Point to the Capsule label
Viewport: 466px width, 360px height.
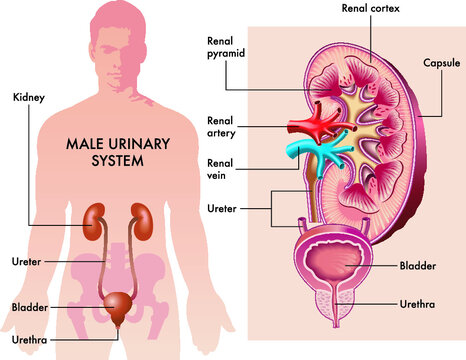[441, 63]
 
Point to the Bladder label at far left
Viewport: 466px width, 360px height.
[29, 307]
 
